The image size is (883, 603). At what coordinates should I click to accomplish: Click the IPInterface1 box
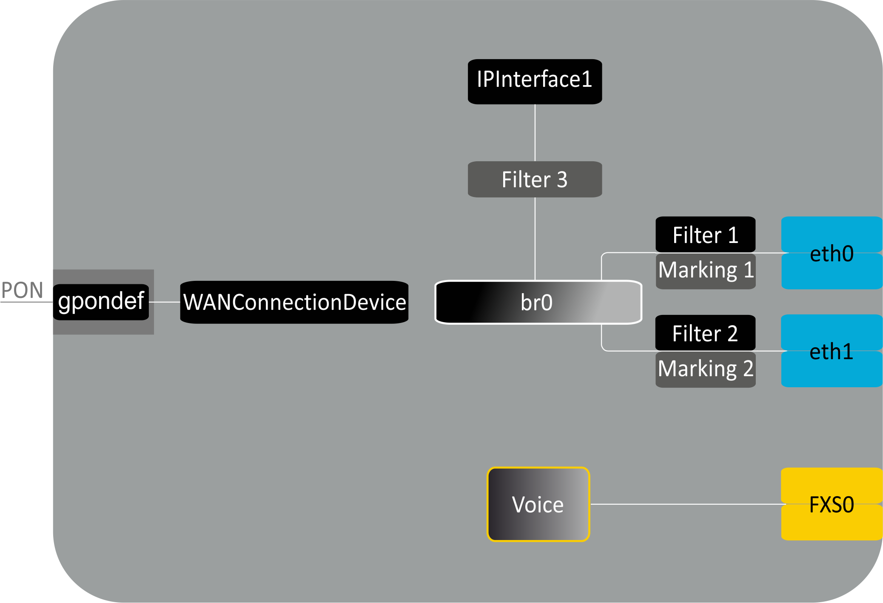(535, 81)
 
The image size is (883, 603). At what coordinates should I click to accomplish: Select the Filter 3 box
(535, 179)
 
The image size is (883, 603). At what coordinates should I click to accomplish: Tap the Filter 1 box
(705, 234)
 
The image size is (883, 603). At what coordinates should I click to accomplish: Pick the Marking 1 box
(705, 271)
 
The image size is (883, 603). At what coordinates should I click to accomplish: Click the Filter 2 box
(705, 333)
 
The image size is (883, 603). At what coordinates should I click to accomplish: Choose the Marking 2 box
(705, 369)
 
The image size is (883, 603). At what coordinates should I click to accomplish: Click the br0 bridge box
(538, 302)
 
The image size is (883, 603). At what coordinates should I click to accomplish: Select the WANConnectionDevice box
(294, 302)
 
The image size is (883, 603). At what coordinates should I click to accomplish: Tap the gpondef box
(101, 302)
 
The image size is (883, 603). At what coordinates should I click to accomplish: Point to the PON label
(22, 290)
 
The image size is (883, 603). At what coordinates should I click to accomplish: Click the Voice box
(538, 504)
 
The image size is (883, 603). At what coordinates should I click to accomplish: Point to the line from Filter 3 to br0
(535, 238)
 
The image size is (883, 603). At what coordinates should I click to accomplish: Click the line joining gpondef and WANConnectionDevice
(165, 302)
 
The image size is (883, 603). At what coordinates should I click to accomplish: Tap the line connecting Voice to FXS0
(685, 504)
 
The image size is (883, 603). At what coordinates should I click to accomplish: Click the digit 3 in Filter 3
(562, 180)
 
